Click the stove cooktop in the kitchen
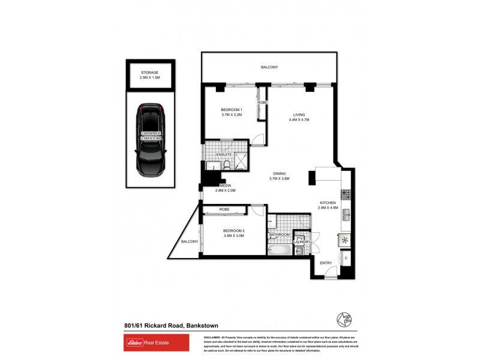click(345, 194)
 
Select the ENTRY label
click(326, 263)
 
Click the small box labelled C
click(345, 259)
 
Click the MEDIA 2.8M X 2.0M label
click(225, 188)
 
